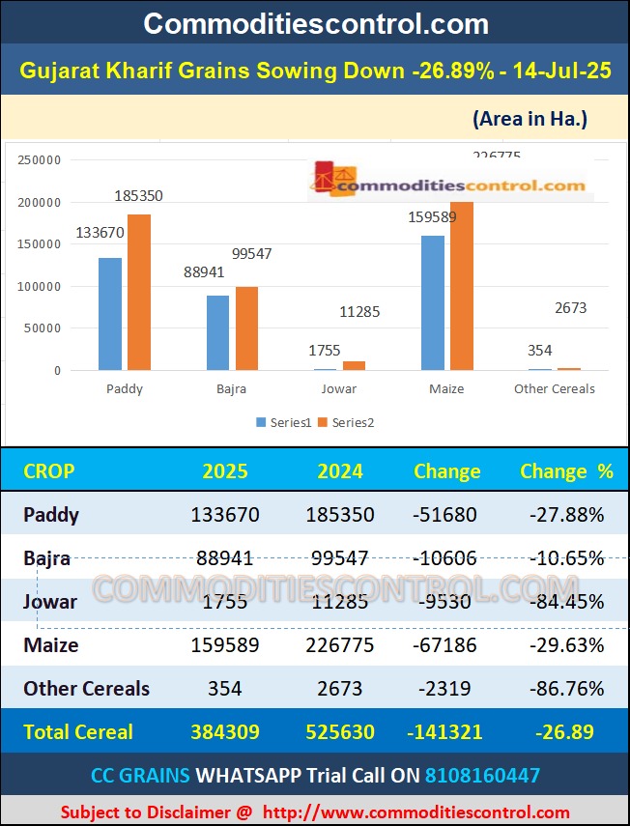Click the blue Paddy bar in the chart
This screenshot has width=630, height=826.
click(x=110, y=314)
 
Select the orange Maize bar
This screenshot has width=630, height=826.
click(x=462, y=286)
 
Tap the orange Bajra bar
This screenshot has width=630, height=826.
click(x=247, y=328)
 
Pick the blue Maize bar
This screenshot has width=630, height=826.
click(x=433, y=302)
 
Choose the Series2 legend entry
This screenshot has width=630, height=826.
click(x=346, y=422)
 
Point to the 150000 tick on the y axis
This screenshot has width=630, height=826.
click(x=40, y=244)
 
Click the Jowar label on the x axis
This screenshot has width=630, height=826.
click(x=338, y=388)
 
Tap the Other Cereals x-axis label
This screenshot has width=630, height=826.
click(x=555, y=388)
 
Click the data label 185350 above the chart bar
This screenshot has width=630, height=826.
click(x=138, y=195)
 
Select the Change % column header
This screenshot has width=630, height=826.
click(x=566, y=471)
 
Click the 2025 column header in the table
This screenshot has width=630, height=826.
click(x=224, y=471)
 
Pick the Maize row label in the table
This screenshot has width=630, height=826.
click(x=51, y=644)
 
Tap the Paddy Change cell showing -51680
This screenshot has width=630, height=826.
click(x=444, y=515)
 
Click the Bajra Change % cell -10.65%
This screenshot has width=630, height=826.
click(x=566, y=558)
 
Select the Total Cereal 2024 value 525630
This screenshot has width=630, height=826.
click(x=340, y=731)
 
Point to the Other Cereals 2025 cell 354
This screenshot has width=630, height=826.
click(x=224, y=688)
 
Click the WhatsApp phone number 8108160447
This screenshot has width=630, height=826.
click(x=483, y=775)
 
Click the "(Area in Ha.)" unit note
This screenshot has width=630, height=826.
click(x=530, y=119)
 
